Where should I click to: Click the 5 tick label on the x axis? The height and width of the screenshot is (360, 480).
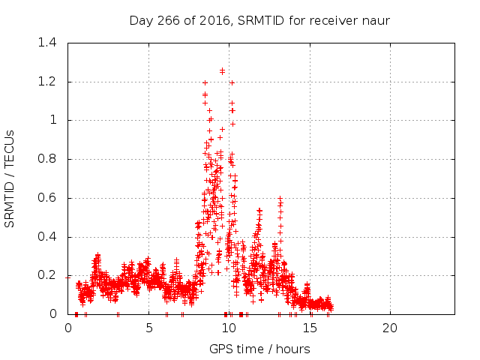coord(148,328)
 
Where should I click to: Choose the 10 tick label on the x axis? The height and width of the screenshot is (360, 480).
coord(229,328)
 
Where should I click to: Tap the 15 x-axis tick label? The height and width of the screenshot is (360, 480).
coord(309,328)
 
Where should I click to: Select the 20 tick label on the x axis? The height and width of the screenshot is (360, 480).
coord(390,328)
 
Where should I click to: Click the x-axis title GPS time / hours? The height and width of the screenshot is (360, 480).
coord(259,349)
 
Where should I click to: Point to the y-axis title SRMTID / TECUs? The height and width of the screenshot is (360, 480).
coord(10,178)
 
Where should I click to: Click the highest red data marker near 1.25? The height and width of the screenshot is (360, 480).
coord(222,71)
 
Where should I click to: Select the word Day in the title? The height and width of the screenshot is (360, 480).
coord(139,20)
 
